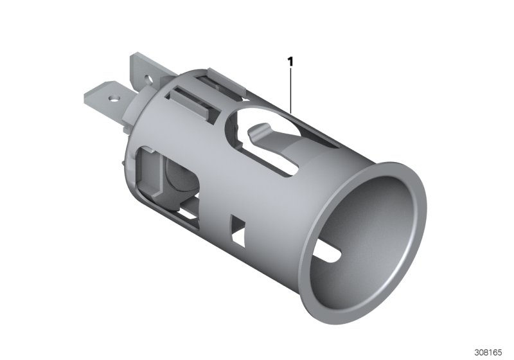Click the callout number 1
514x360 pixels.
pos(291,62)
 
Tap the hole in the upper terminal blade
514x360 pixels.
pos(148,81)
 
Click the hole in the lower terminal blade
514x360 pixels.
pos(115,99)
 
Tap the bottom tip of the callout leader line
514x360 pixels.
pos(291,111)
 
